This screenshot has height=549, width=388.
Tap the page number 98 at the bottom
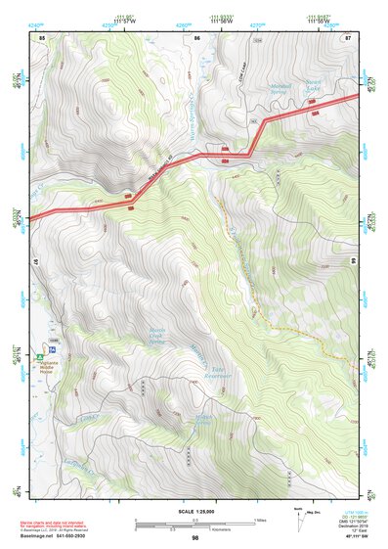tap(195, 538)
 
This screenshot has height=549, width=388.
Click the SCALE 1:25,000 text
tap(195, 510)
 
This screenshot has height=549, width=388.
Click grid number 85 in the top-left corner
tap(42, 37)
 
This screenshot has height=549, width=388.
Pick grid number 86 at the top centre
tap(196, 37)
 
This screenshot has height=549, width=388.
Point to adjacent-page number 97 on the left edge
tap(33, 262)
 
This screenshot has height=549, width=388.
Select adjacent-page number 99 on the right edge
tap(353, 262)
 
